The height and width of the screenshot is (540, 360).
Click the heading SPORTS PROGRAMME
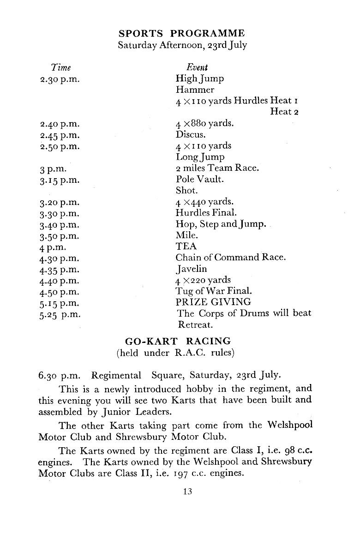point(181,34)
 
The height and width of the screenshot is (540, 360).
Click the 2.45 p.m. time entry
point(60,135)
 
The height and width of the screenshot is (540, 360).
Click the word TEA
point(186,246)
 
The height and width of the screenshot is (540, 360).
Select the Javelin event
point(191,269)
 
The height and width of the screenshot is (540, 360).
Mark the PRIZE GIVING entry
point(213,302)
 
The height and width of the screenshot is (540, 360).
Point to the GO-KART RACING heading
point(178,342)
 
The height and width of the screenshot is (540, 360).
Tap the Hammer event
point(195,90)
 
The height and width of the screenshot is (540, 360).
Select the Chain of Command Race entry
point(230,258)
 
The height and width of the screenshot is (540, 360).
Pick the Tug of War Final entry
point(213,291)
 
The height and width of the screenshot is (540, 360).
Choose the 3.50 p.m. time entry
point(60,236)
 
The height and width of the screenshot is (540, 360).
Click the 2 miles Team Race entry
point(217,168)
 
